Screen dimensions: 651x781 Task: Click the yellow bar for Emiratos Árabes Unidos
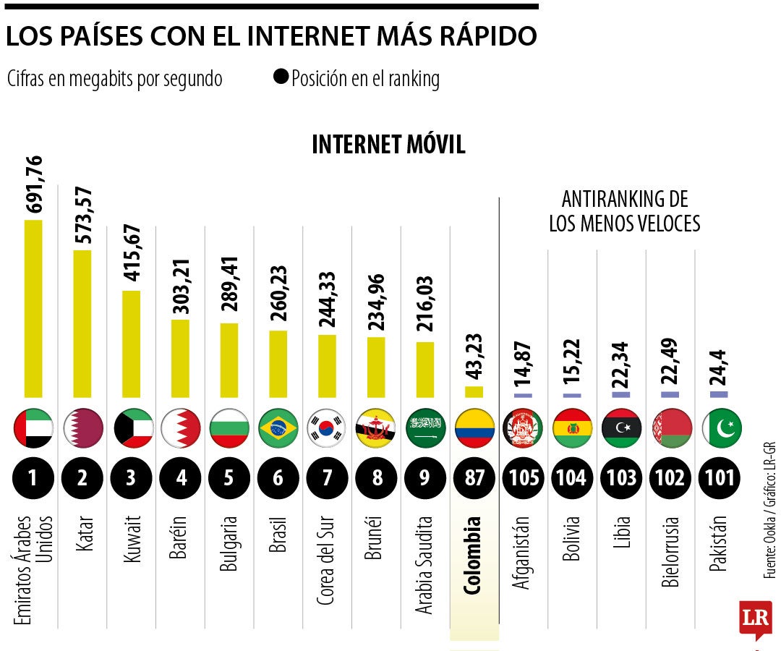(33, 309)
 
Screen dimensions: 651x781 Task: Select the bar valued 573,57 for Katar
(82, 324)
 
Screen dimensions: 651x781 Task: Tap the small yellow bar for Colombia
(474, 391)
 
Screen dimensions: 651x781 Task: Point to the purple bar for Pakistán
(719, 394)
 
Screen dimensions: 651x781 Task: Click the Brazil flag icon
(278, 429)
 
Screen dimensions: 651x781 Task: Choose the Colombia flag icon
(474, 429)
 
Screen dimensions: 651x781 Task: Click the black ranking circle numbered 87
(474, 477)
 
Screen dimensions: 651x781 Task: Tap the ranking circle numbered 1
(33, 477)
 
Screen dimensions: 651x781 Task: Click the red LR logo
(755, 619)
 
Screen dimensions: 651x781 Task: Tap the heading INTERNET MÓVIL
(388, 145)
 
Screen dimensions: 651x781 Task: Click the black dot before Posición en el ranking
(281, 77)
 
